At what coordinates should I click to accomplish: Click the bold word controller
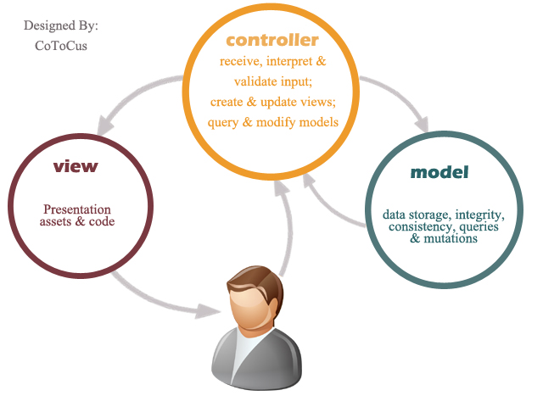tap(272, 40)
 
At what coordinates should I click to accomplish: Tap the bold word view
tap(76, 166)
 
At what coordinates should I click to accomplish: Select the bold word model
tap(439, 172)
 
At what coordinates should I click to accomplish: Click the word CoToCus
tap(61, 46)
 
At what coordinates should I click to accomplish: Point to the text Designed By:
tap(61, 25)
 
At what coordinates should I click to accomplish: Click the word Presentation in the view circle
tap(77, 209)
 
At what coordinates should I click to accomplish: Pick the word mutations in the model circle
tap(451, 238)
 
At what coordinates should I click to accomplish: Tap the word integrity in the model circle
tap(480, 215)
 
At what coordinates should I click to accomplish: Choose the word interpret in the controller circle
tap(289, 61)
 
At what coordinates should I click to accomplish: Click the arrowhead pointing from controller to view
tap(105, 125)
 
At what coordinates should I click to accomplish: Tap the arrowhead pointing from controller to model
tap(422, 124)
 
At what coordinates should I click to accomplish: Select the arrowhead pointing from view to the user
tap(207, 311)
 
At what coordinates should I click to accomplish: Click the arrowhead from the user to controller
tap(282, 188)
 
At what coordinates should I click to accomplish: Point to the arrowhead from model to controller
tap(309, 181)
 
